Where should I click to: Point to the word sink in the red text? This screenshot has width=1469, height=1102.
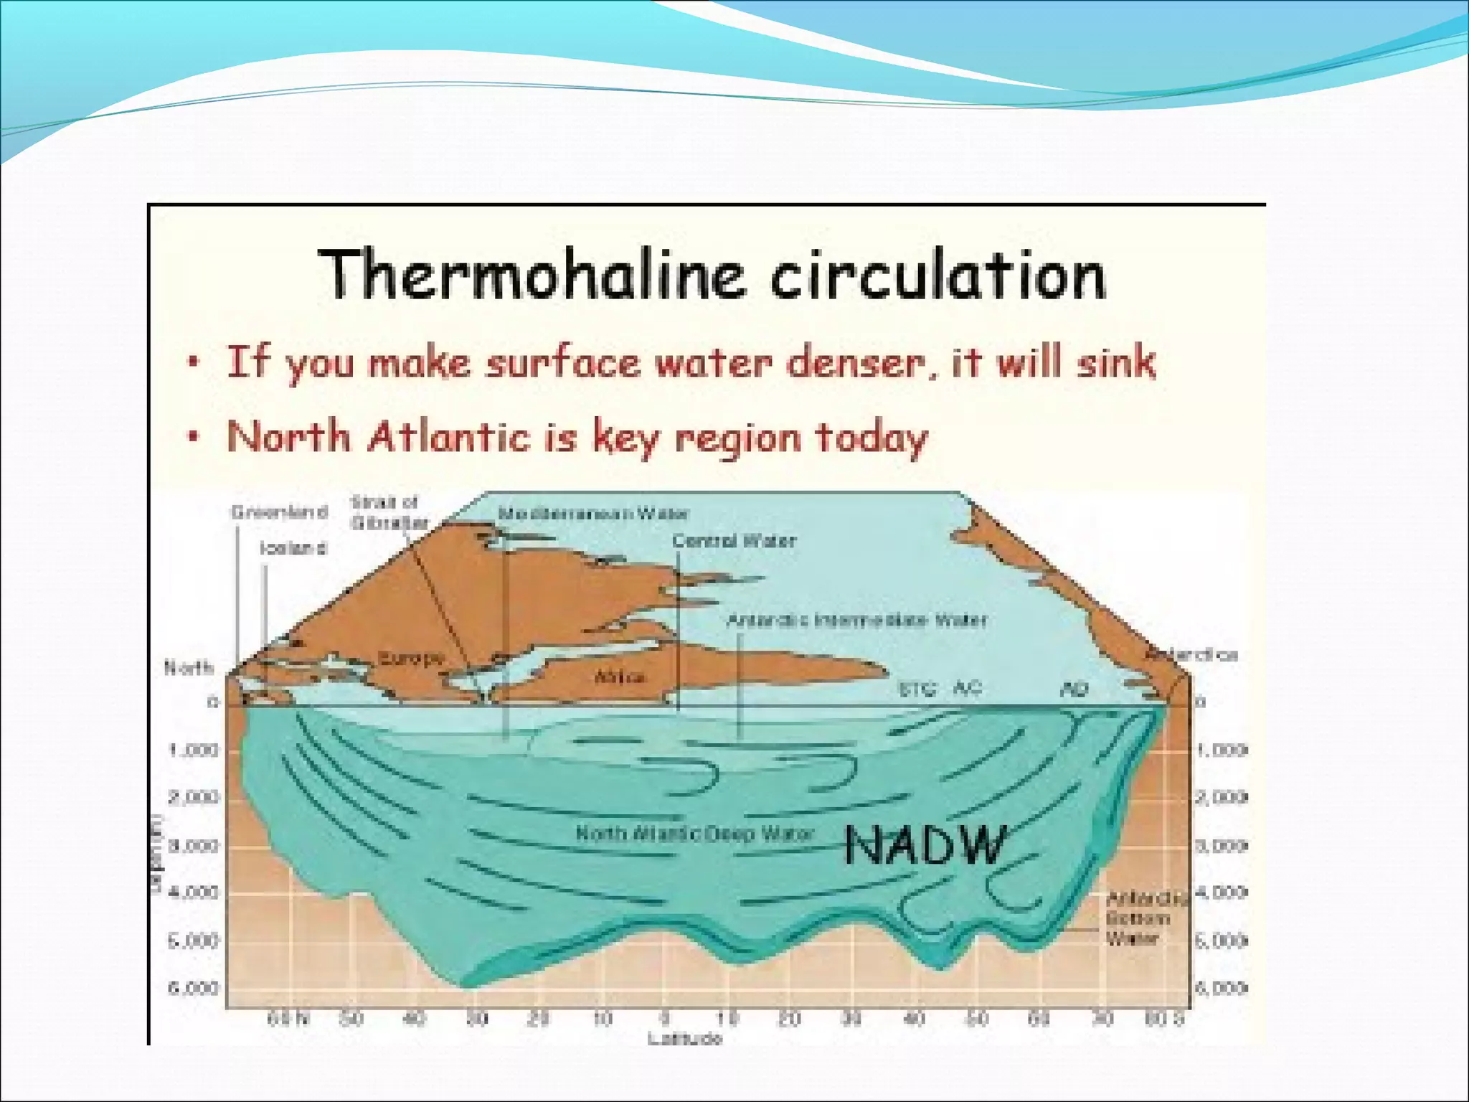pos(1116,362)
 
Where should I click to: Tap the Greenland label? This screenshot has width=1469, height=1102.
pos(280,512)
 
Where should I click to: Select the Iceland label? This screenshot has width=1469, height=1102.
pos(293,549)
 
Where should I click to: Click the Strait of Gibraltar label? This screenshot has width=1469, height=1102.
pos(387,512)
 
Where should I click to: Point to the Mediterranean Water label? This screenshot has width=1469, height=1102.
pos(593,514)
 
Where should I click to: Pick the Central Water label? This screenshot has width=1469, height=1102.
pos(734,541)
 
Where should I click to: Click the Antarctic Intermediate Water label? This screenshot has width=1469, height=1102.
pos(857,620)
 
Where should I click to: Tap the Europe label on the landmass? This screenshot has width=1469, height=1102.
pos(410,658)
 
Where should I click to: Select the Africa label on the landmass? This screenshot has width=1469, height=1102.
pos(620,677)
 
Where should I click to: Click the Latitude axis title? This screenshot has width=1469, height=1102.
pos(685,1038)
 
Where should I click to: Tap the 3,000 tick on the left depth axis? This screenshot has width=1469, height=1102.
pos(193,846)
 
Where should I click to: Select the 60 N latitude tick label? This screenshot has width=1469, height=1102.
pos(288,1019)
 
